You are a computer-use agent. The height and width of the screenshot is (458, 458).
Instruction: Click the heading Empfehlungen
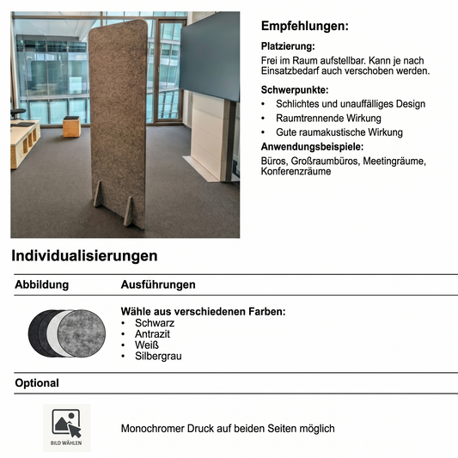click(304, 26)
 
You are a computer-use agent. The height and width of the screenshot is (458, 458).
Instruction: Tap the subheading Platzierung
click(287, 46)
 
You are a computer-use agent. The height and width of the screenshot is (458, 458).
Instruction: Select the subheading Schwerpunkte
click(295, 89)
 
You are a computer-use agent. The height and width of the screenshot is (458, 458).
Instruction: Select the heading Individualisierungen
click(84, 256)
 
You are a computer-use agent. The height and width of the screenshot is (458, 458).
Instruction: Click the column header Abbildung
click(41, 284)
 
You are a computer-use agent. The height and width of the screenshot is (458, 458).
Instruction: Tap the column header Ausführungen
click(158, 284)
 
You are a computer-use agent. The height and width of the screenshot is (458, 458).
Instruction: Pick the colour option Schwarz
click(155, 323)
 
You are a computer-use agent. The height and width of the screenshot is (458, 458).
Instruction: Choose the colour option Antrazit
click(153, 334)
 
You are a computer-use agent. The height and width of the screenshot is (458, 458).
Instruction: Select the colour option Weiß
click(147, 345)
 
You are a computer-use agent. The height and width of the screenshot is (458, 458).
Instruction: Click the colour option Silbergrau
click(158, 357)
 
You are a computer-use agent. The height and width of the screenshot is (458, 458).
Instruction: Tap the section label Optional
click(37, 383)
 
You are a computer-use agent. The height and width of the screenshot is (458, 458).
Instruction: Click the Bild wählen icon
click(66, 426)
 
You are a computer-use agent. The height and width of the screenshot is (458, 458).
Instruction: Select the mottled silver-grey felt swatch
click(87, 331)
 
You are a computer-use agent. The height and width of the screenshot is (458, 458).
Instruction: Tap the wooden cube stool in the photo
click(70, 127)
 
